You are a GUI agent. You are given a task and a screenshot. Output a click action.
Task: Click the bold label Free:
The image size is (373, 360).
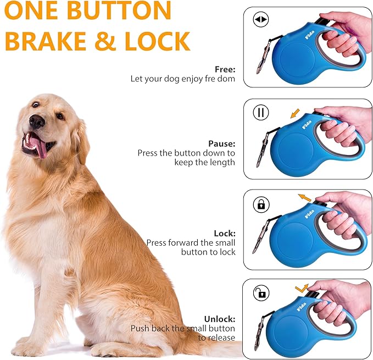225,69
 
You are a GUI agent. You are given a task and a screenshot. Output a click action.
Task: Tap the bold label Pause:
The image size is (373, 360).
221,143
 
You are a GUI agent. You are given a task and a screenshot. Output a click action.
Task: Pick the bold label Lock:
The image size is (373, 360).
224,233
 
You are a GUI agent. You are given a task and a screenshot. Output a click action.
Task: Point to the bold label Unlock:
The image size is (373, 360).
220,318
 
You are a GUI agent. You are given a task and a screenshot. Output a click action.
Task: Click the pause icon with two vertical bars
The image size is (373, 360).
260,113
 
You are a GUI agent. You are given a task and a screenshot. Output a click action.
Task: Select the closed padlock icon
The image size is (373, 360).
260,204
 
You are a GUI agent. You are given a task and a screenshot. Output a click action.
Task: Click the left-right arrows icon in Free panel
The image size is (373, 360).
260,20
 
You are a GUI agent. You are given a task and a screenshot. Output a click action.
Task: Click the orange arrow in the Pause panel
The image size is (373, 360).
295,114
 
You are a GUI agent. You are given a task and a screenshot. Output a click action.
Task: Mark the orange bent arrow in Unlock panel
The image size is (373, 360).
301,287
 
